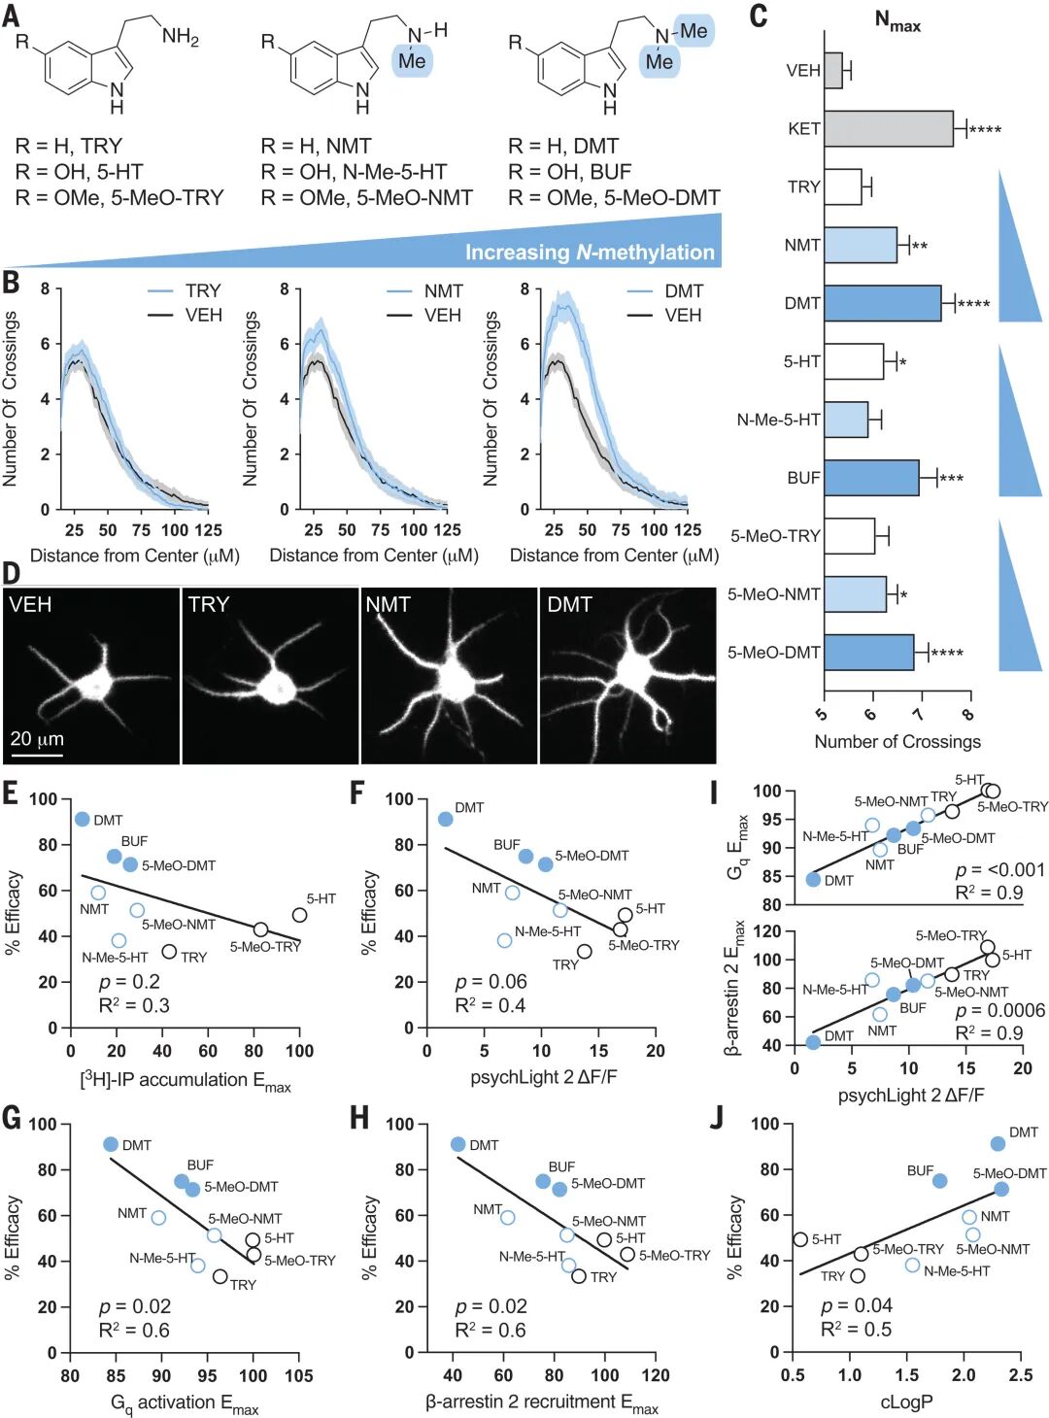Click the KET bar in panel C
pyautogui.click(x=888, y=128)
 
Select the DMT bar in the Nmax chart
pyautogui.click(x=882, y=303)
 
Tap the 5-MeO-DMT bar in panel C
pyautogui.click(x=868, y=653)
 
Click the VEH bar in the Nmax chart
pyautogui.click(x=833, y=70)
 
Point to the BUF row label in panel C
pyautogui.click(x=803, y=478)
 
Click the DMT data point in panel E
pyautogui.click(x=83, y=820)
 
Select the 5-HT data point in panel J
pyautogui.click(x=800, y=1239)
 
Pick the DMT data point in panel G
pyautogui.click(x=111, y=1145)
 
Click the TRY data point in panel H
pyautogui.click(x=579, y=1276)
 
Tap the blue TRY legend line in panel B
pyautogui.click(x=160, y=291)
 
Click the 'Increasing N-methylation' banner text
pyautogui.click(x=590, y=253)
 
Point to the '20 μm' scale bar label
pyautogui.click(x=37, y=739)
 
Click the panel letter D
pyautogui.click(x=11, y=572)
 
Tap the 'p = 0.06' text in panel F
pyautogui.click(x=491, y=982)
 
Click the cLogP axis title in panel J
pyautogui.click(x=906, y=1401)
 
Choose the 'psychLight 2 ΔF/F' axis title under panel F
pyautogui.click(x=544, y=1077)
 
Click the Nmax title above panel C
pyautogui.click(x=897, y=21)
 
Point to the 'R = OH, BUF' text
pyautogui.click(x=569, y=172)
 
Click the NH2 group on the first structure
pyautogui.click(x=181, y=37)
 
